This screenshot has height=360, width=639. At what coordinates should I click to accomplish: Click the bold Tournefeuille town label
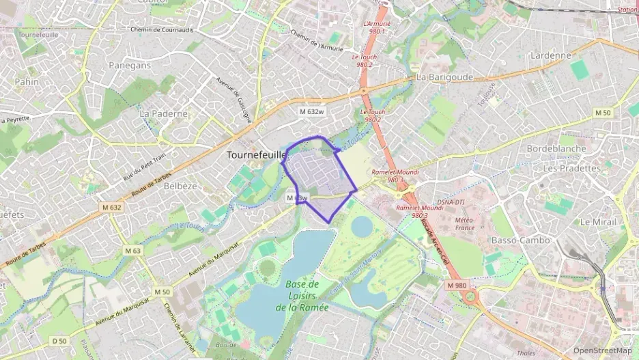point(255,155)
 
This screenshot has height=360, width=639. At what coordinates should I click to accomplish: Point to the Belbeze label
point(180,185)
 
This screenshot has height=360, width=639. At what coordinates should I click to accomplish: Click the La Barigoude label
point(444,77)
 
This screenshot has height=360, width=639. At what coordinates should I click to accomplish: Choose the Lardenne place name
point(550,55)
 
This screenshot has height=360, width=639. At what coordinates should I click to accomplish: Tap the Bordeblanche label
point(556,148)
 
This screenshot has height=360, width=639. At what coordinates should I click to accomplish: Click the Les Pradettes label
point(572,167)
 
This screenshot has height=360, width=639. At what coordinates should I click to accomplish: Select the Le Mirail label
point(599,222)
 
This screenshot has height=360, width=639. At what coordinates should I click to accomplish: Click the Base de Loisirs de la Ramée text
point(302,295)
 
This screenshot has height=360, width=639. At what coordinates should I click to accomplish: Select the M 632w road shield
point(311,111)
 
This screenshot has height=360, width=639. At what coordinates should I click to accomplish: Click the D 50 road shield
point(60,341)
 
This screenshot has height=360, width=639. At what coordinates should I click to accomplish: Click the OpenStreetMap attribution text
point(602,351)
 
